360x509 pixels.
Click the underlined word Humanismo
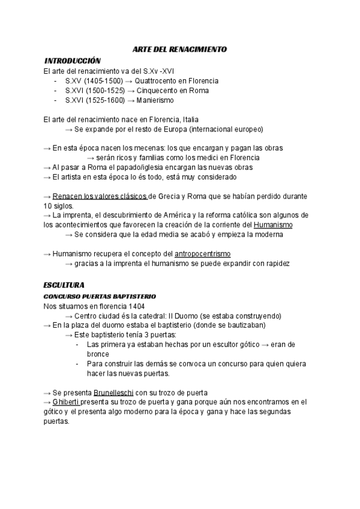tap(273, 225)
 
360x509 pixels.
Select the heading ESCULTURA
tap(64, 284)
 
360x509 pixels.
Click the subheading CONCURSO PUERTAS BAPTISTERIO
tap(100, 297)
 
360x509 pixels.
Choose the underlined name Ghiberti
tap(69, 402)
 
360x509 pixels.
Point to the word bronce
tap(98, 354)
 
